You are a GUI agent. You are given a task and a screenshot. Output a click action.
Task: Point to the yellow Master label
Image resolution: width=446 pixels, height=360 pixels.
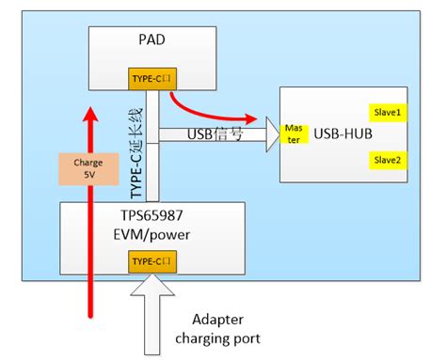[293, 133]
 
